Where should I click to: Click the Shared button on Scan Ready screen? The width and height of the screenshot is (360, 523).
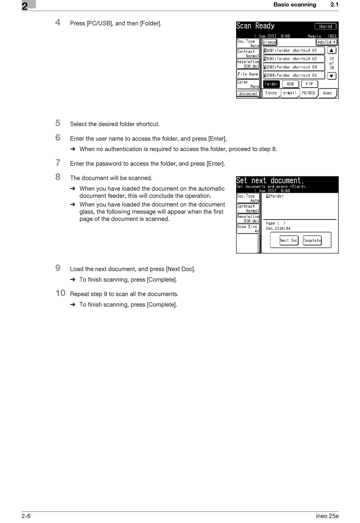325,27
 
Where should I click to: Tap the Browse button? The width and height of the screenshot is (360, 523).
269,42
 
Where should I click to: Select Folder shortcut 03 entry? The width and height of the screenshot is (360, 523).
294,67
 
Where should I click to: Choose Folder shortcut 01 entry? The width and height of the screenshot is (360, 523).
294,50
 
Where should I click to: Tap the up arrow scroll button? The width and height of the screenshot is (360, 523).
332,50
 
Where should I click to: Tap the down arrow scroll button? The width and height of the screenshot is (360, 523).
332,76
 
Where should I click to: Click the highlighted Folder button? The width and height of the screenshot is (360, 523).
271,84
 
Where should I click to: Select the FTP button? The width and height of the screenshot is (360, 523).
309,84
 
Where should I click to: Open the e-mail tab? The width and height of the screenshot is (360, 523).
290,93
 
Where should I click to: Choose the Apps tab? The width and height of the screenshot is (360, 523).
327,93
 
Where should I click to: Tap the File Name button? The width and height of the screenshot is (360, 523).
248,74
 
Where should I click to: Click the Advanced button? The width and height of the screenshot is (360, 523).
248,94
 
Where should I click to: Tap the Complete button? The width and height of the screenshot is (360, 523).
312,240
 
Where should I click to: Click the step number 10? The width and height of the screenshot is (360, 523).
61,293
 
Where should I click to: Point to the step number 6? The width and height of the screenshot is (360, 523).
58,138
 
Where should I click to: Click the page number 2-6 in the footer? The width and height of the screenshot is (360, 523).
26,516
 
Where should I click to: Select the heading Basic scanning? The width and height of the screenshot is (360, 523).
294,5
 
